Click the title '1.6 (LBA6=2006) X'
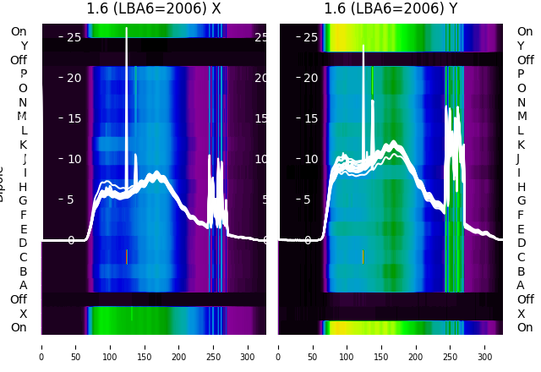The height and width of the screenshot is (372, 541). pos(154,9)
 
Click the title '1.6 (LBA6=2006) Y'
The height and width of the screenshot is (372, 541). pos(391,9)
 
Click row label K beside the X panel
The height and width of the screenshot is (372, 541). pos(24,145)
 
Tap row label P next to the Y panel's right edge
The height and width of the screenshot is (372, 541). pos(521,74)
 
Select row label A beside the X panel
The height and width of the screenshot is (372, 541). pos(24,285)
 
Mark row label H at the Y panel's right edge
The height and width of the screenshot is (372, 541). pos(521,187)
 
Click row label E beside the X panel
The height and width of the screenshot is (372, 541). pos(24,229)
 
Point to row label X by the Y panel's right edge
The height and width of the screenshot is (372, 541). pos(521,314)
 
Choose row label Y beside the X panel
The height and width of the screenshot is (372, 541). pos(24,46)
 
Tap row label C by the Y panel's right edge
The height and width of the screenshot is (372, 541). pos(521,257)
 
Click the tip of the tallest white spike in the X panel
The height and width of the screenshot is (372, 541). pos(127,28)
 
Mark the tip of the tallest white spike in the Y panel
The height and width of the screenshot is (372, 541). pos(363,46)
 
